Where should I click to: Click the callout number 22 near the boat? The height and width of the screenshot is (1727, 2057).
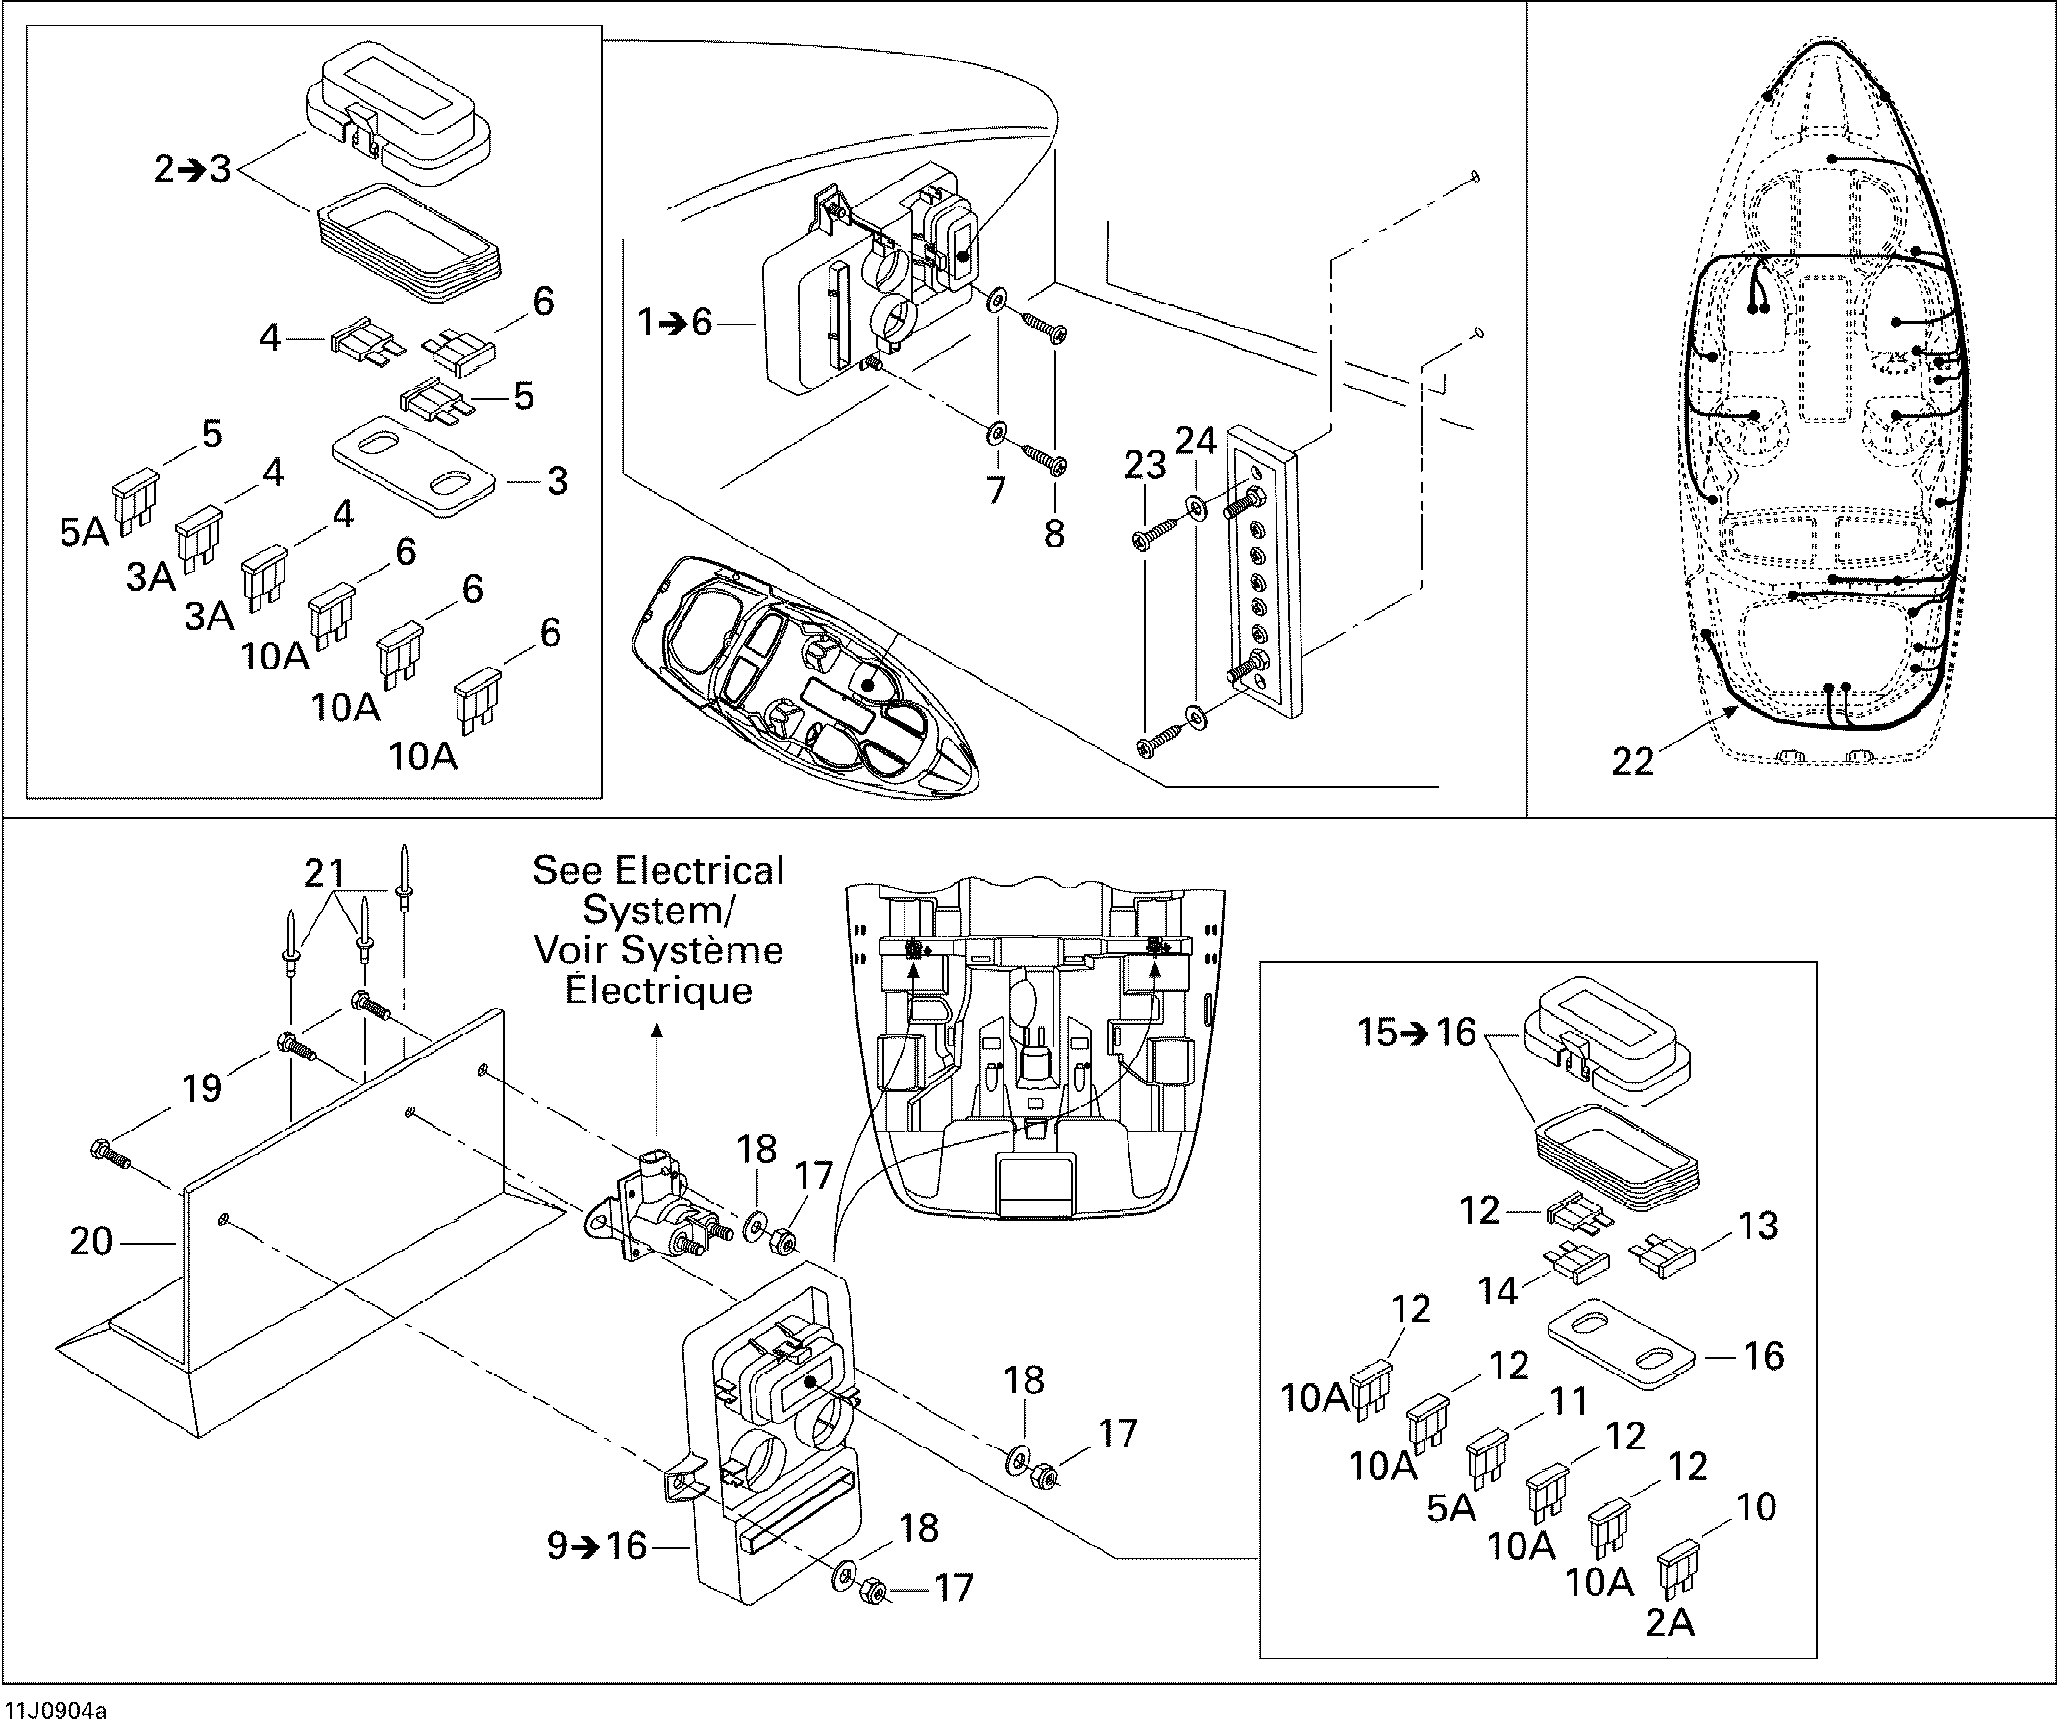point(1632,761)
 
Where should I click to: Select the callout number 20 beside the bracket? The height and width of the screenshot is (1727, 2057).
point(91,1241)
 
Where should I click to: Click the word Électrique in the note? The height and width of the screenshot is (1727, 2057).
point(658,989)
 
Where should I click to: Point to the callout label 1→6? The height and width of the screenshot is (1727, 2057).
point(675,322)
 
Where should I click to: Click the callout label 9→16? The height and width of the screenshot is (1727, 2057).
point(597,1545)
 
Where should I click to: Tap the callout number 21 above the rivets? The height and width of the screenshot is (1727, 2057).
point(325,872)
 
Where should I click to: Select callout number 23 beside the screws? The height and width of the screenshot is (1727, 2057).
point(1144,466)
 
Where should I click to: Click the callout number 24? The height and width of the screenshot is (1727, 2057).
point(1195,442)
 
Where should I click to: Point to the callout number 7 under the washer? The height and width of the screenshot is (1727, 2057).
point(995,491)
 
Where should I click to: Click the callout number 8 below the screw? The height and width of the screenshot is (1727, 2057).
point(1053,534)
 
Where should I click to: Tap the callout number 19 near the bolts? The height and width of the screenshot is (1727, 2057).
point(202,1087)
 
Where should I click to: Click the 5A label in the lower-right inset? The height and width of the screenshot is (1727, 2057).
point(1450,1508)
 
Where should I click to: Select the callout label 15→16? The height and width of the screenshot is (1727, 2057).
point(1417,1032)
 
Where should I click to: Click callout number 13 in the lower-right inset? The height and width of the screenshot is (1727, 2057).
point(1758,1226)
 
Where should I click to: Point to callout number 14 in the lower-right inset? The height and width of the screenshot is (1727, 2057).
point(1498,1291)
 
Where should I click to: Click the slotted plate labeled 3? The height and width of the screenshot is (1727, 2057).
point(412,465)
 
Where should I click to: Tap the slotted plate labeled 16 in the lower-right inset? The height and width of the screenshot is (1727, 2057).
point(1621,1343)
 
